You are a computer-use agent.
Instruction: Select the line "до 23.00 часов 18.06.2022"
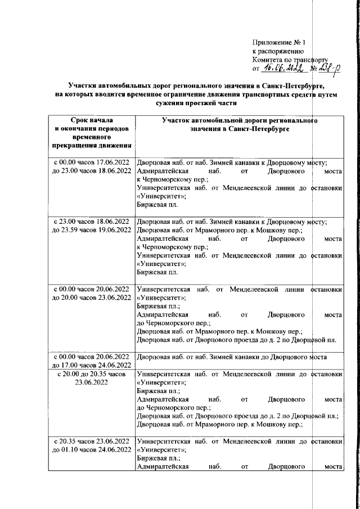point(91,170)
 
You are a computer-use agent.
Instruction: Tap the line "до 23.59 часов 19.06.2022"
point(91,231)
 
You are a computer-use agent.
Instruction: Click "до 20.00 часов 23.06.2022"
point(91,298)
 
